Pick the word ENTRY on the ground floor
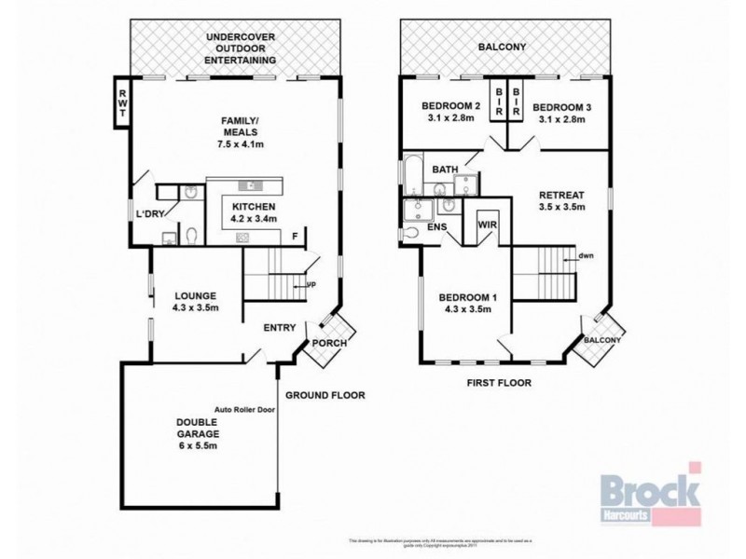click(x=280, y=327)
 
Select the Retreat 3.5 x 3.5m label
click(x=561, y=201)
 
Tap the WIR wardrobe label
click(x=486, y=225)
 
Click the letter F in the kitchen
click(x=294, y=235)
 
